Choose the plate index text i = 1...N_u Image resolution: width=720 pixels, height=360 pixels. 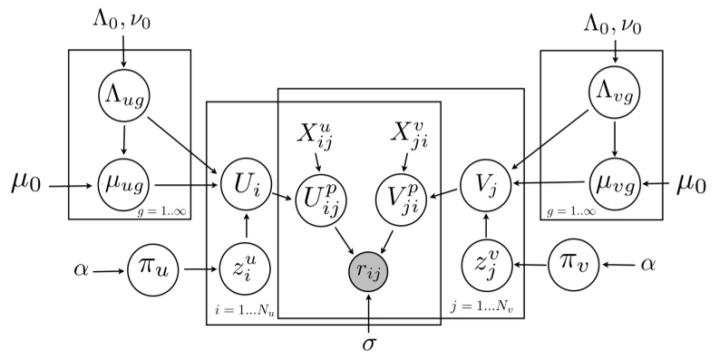pos(246,308)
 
